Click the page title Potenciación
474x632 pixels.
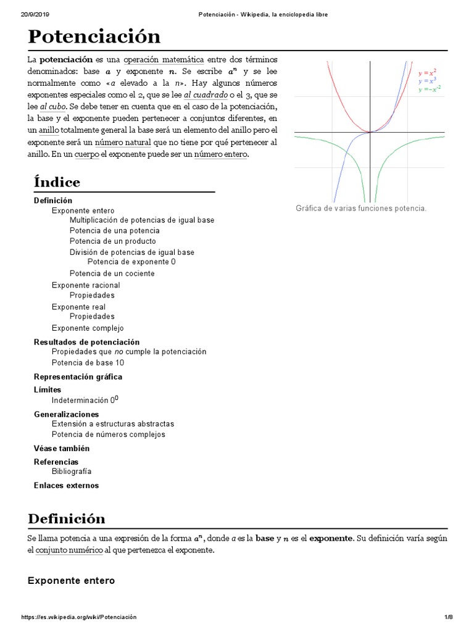pyautogui.click(x=94, y=36)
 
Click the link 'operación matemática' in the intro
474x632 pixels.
pyautogui.click(x=164, y=59)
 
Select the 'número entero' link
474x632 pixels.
pyautogui.click(x=220, y=154)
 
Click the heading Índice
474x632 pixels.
pyautogui.click(x=57, y=182)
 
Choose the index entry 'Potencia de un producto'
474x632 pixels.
pyautogui.click(x=112, y=241)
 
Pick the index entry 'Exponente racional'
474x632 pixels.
pyautogui.click(x=86, y=285)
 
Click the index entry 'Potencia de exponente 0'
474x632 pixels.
pyautogui.click(x=131, y=262)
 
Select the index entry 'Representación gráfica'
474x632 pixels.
pyautogui.click(x=78, y=376)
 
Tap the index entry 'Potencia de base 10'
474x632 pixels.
pyautogui.click(x=88, y=363)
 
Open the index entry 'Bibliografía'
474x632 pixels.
pyautogui.click(x=76, y=472)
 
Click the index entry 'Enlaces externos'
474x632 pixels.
pyautogui.click(x=66, y=485)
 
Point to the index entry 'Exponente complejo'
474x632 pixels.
pyautogui.click(x=88, y=328)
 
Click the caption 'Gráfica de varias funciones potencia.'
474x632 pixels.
pyautogui.click(x=361, y=209)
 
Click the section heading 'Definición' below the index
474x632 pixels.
pyautogui.click(x=67, y=518)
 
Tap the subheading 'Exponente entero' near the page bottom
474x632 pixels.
pyautogui.click(x=72, y=581)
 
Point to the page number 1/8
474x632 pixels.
pyautogui.click(x=449, y=617)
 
